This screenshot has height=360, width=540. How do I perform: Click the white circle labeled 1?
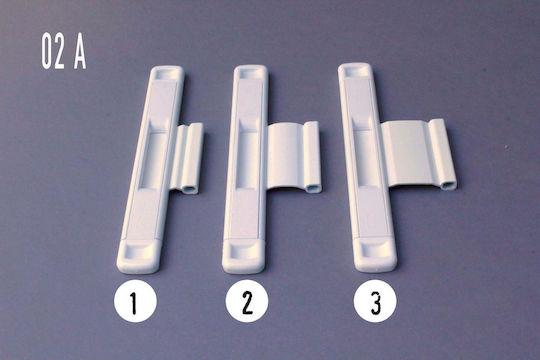coord(135,301)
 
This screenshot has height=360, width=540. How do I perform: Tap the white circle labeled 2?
coord(247,301)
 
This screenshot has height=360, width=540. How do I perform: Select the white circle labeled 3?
coord(375,301)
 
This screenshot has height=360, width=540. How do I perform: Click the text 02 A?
coord(64,51)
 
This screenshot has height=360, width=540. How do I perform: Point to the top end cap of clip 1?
coord(168,73)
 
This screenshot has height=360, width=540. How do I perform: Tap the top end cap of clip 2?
coord(250,73)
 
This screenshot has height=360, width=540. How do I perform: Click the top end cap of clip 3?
coord(355,71)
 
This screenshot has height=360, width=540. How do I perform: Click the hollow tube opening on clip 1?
coord(189,189)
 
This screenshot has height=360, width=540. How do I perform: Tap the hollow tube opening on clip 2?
coord(312,188)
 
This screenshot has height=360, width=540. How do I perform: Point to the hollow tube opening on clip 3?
coord(448,186)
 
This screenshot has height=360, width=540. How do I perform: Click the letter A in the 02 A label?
coord(80,52)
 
